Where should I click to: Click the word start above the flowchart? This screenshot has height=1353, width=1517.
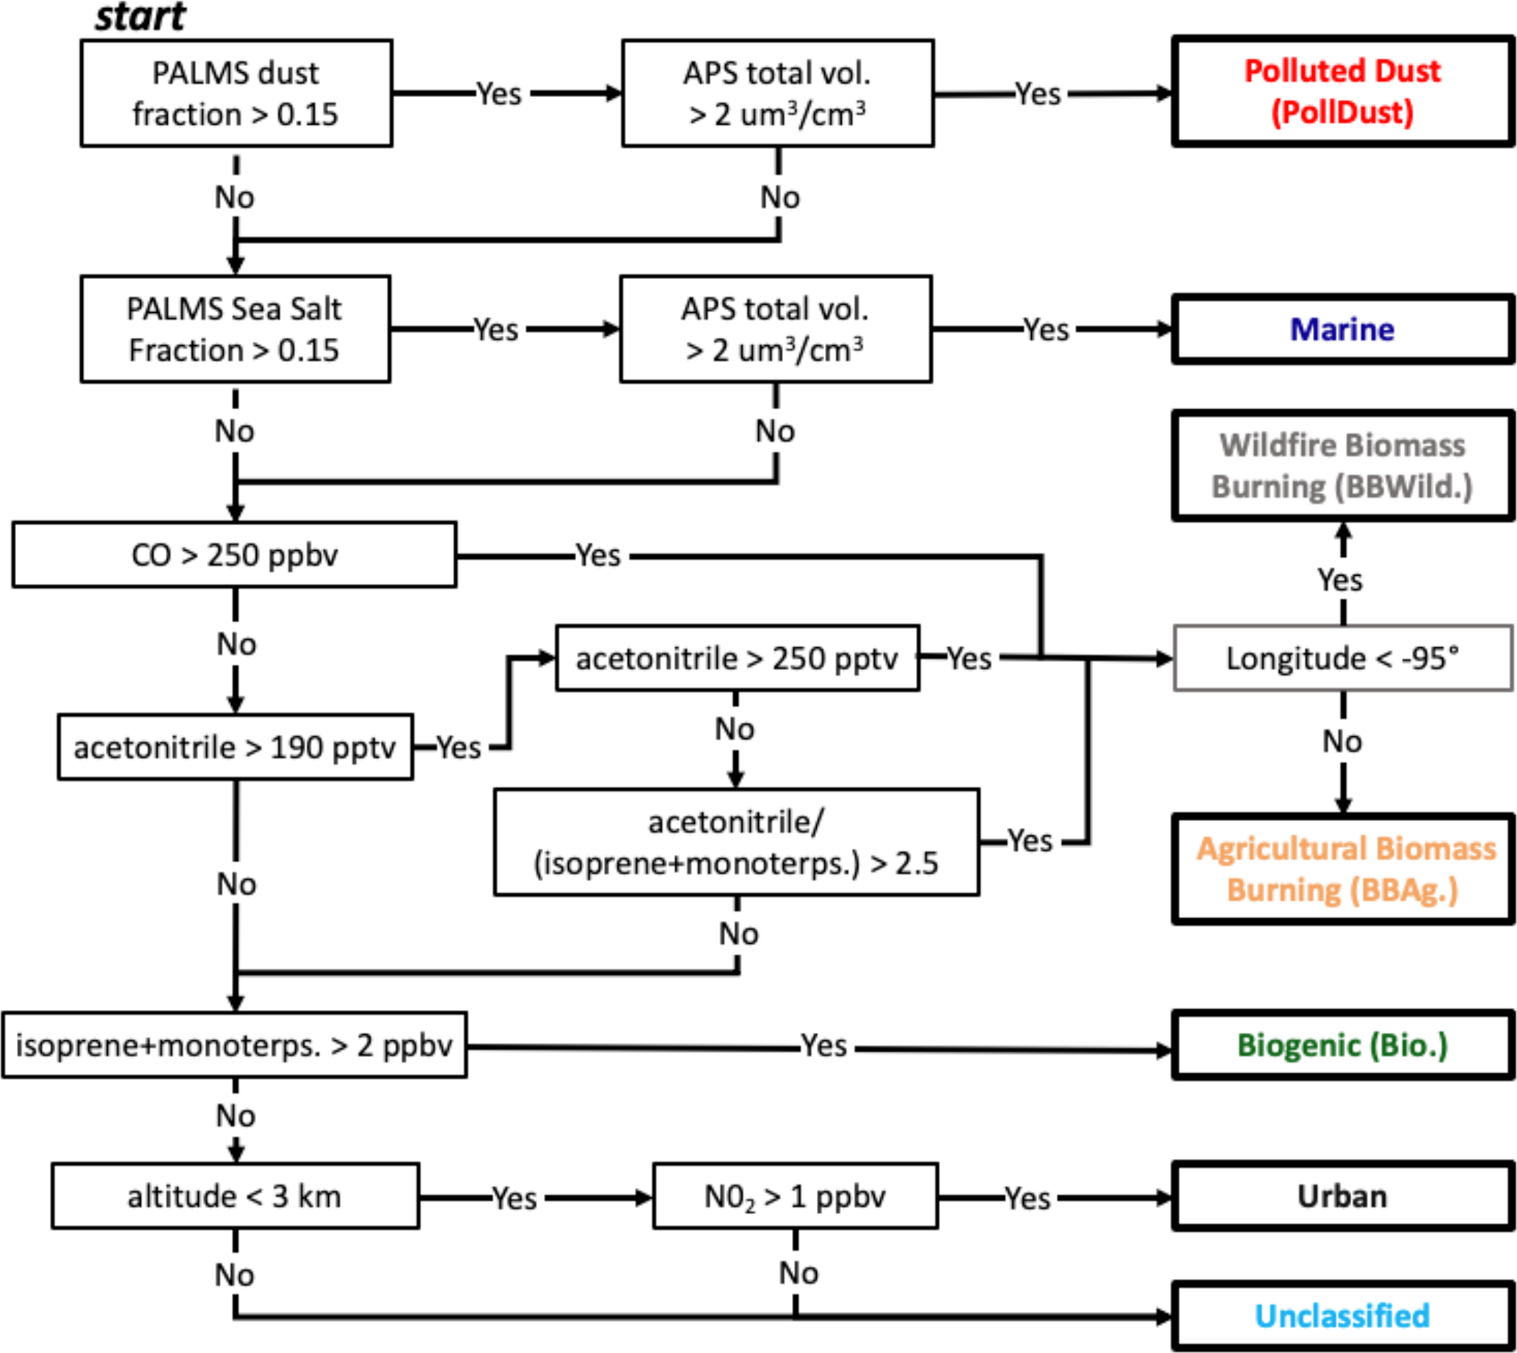(139, 16)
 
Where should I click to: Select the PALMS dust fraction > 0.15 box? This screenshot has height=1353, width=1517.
(236, 93)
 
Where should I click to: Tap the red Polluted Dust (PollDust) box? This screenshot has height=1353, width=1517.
(1342, 91)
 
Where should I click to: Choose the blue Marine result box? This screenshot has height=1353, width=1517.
(1342, 329)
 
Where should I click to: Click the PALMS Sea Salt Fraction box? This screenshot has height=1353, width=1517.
(235, 329)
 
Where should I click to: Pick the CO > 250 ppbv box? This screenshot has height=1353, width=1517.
(234, 555)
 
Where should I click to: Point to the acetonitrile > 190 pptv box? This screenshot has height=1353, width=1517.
(235, 747)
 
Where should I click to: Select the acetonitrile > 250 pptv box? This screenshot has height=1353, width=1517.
(737, 658)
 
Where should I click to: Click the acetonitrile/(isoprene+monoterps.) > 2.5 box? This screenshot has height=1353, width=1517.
(736, 843)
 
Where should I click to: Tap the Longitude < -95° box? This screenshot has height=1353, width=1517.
(1342, 658)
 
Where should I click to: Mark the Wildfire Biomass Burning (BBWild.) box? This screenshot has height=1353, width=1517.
(1342, 466)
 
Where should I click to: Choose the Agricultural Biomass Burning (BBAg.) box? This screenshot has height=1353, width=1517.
(1344, 869)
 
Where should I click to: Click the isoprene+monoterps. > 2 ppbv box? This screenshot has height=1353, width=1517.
(234, 1045)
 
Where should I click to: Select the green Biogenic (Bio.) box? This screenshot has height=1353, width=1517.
(1342, 1045)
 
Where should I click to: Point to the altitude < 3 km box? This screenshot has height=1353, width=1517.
(235, 1196)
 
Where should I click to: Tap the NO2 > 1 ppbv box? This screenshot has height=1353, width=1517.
(795, 1196)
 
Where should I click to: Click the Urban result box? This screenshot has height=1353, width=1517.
(1342, 1196)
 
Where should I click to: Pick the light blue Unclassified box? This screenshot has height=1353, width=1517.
(1342, 1316)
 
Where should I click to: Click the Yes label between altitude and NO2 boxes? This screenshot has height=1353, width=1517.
(514, 1197)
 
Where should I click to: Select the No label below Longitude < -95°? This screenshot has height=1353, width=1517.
(1342, 741)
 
